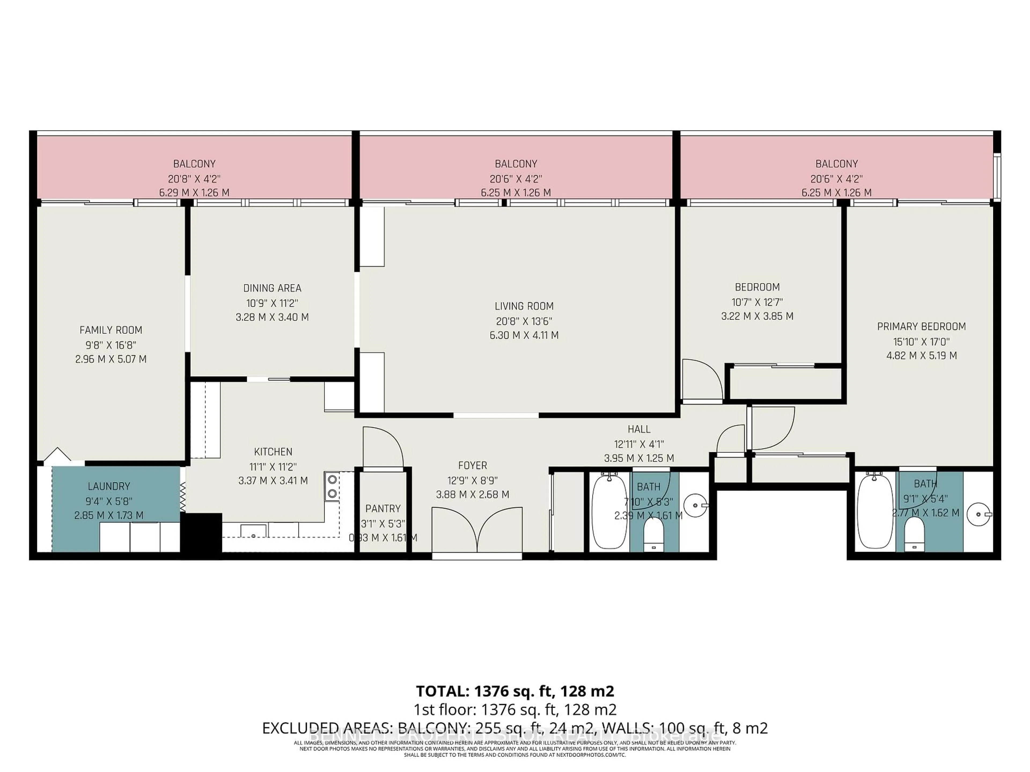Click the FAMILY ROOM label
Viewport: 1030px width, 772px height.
pos(111,330)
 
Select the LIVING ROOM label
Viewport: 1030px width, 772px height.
pos(524,306)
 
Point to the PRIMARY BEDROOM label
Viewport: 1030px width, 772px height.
pos(921,327)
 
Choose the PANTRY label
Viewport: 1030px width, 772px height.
pos(383,509)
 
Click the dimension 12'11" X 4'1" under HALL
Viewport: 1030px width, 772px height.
pos(639,444)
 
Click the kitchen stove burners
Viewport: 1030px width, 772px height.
pos(332,486)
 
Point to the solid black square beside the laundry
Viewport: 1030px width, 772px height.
pos(201,532)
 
